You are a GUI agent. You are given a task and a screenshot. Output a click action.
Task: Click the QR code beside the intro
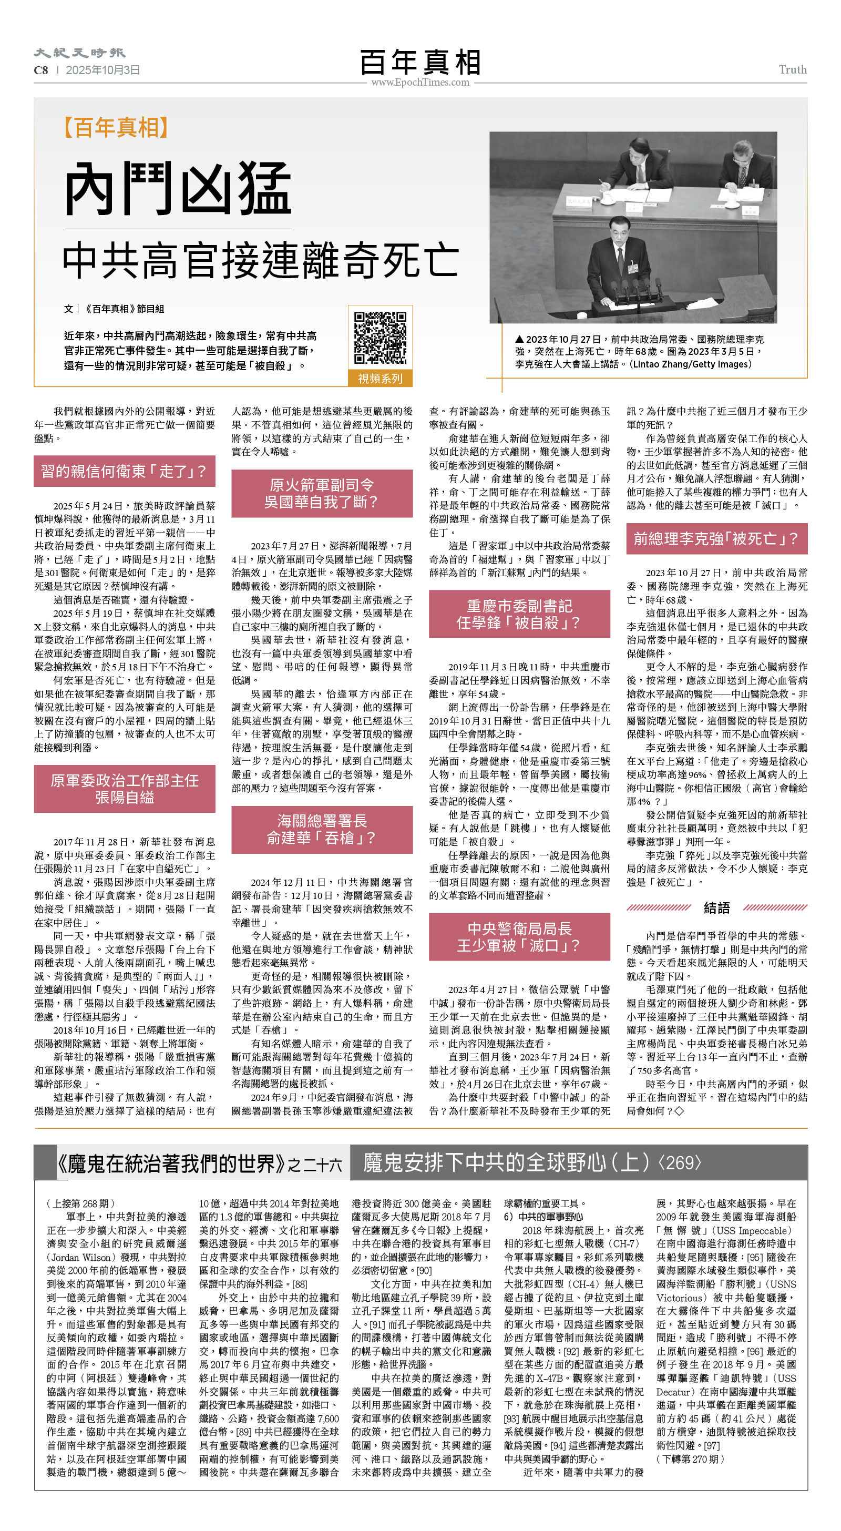(x=380, y=337)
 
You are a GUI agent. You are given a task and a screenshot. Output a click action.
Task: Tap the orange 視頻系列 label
(x=380, y=379)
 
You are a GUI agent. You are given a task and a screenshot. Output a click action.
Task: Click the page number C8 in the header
(x=41, y=70)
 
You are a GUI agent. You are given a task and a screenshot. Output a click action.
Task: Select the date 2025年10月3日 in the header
(x=103, y=70)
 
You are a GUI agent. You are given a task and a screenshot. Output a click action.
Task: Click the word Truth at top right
(x=792, y=70)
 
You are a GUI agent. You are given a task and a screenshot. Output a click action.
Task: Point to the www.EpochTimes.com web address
(x=420, y=83)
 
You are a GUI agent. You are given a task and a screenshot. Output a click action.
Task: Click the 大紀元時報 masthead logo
(x=79, y=53)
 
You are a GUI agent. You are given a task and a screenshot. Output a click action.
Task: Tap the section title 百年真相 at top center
(x=420, y=62)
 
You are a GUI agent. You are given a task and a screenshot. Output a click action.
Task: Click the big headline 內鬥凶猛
(x=178, y=189)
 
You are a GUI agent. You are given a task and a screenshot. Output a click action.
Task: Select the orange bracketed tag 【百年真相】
(x=117, y=128)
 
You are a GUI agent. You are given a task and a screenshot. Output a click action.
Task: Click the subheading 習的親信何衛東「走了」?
(x=124, y=471)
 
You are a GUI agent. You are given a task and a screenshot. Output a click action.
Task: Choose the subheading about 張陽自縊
(x=124, y=789)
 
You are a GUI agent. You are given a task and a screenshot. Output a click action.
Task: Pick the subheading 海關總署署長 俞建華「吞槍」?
(x=322, y=829)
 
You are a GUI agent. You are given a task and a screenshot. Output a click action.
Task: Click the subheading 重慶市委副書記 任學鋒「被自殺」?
(x=519, y=614)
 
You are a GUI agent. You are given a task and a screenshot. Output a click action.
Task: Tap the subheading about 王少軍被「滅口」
(x=519, y=937)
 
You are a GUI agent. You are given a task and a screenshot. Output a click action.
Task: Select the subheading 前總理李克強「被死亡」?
(x=716, y=538)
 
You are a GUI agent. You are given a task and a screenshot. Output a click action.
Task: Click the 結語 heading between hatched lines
(x=716, y=907)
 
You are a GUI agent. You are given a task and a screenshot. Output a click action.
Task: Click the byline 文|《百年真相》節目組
(x=114, y=309)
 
